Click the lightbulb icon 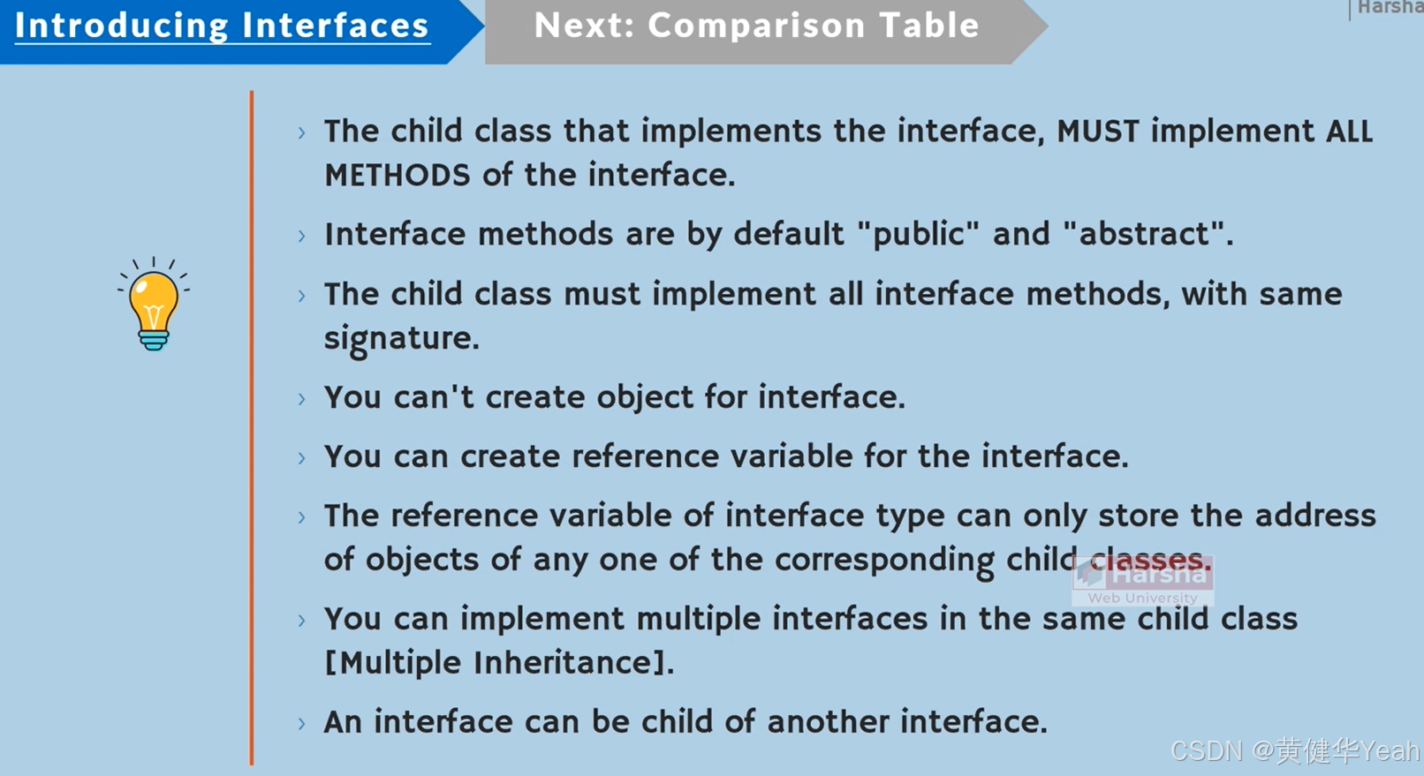154,305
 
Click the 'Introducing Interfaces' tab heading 222,26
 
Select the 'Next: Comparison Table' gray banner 756,26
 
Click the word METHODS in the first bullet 397,176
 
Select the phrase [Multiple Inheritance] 499,663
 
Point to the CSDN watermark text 1293,751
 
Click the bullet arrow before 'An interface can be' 302,724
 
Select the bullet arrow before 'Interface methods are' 302,236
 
